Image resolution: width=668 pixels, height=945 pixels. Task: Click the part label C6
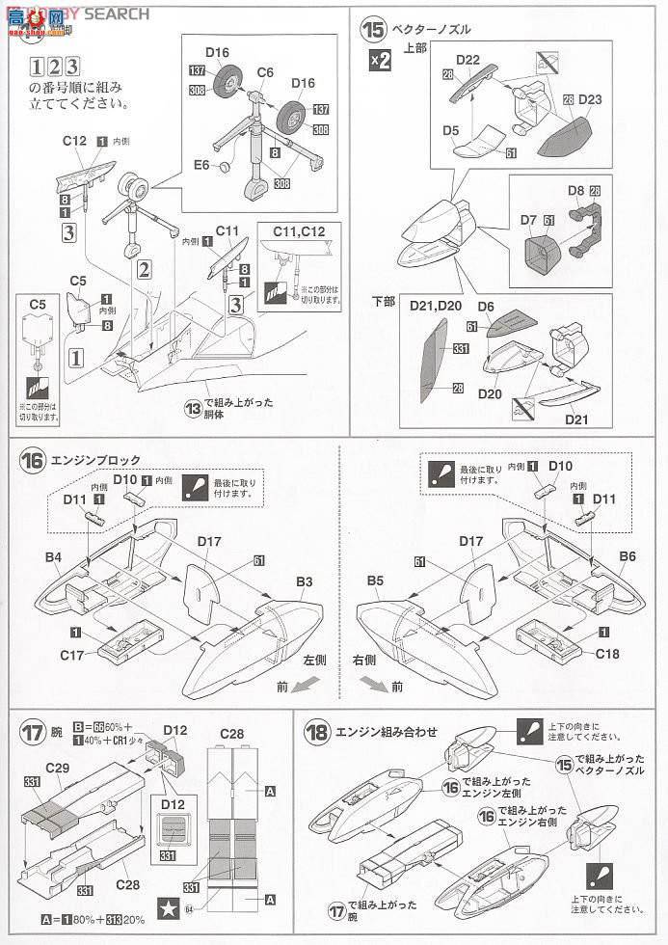point(266,71)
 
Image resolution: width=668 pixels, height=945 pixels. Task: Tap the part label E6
point(201,165)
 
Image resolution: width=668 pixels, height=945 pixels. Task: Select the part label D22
point(468,59)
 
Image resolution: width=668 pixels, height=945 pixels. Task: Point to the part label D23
point(592,98)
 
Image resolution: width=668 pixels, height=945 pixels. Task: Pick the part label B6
point(628,556)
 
